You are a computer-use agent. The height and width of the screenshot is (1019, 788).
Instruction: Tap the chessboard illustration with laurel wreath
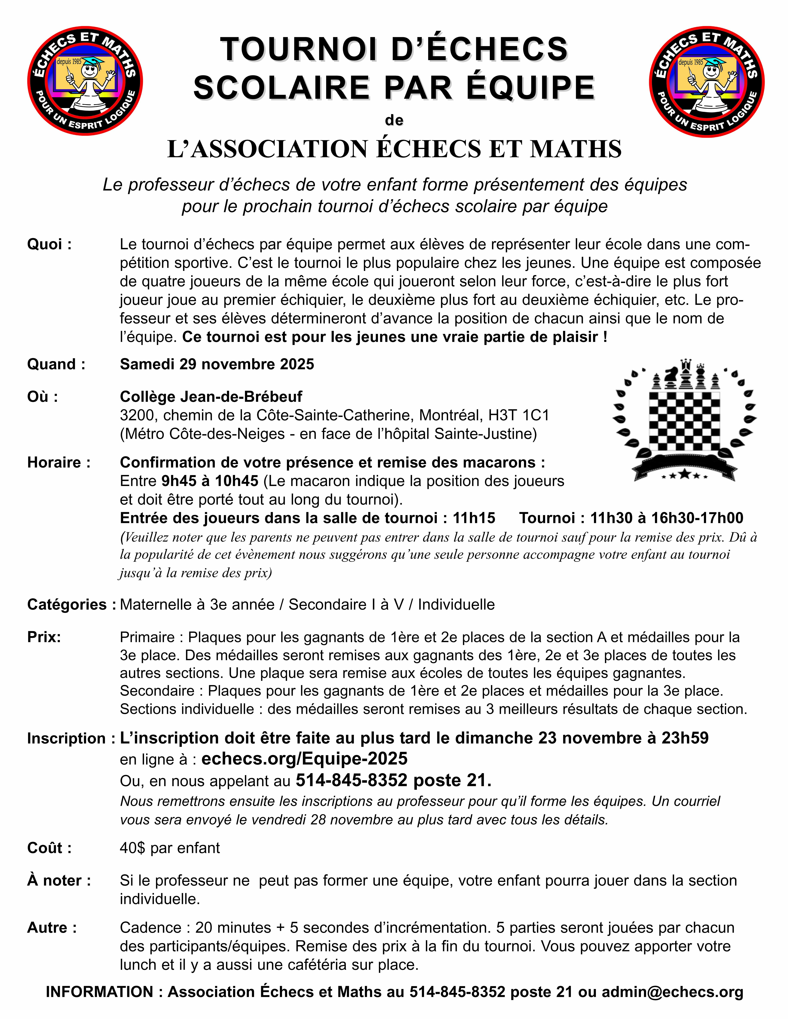point(684,420)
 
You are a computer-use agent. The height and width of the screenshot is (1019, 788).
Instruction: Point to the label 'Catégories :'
point(71,605)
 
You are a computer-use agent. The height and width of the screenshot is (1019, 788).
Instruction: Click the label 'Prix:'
point(44,637)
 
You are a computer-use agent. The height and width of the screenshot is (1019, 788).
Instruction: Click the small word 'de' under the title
point(394,120)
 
